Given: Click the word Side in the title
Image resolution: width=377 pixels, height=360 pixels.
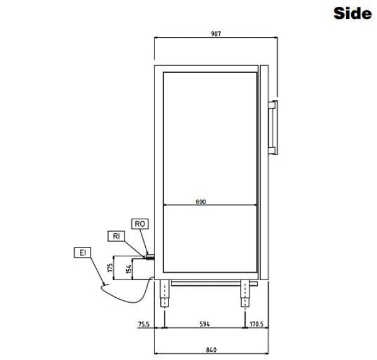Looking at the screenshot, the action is coord(352,13).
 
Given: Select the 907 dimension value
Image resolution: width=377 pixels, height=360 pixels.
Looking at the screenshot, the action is coord(216,34).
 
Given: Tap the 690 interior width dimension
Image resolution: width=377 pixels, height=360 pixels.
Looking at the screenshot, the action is coord(201,202).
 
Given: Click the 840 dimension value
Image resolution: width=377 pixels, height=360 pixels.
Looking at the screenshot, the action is coord(211,350).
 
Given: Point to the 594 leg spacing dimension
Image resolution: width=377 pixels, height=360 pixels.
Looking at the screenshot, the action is coord(205,324).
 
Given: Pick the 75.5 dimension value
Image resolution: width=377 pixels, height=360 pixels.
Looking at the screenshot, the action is coord(144,324).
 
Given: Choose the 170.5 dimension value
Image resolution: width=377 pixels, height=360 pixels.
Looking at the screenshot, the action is coord(256,324).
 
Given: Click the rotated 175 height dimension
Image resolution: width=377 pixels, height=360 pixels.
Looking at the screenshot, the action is coord(110,268).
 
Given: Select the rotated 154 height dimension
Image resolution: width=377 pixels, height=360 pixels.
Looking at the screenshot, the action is coord(129,269).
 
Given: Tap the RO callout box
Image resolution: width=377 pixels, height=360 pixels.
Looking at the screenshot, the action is coord(140,224).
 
